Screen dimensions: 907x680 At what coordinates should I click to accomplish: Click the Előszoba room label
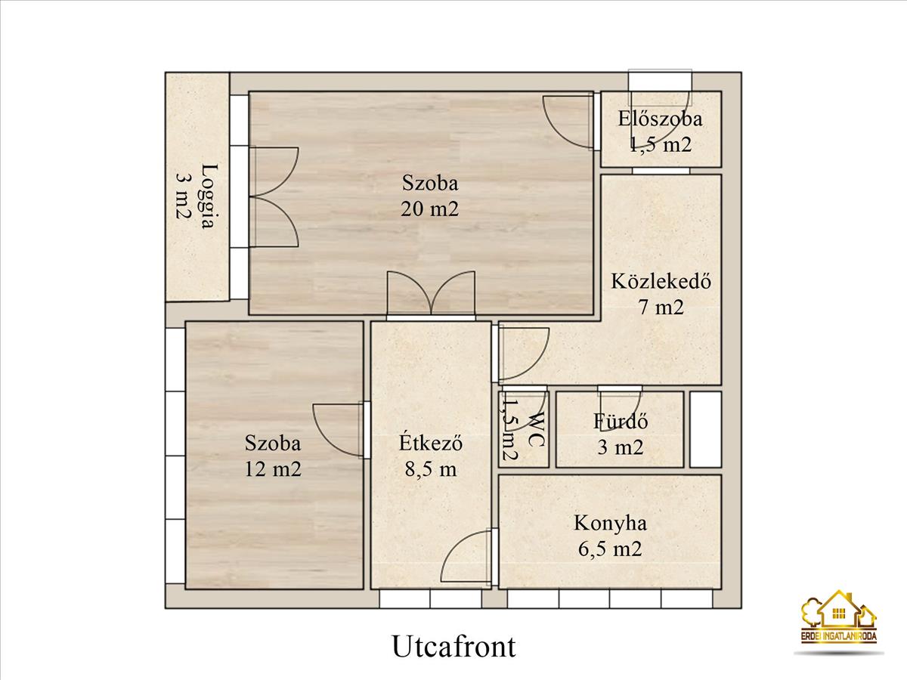point(660,119)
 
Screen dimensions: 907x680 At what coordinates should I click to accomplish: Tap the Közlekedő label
point(661,281)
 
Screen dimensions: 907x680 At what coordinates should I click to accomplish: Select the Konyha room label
point(610,524)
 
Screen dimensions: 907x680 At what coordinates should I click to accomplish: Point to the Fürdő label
point(621,422)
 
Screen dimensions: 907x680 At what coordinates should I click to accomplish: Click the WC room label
point(536,428)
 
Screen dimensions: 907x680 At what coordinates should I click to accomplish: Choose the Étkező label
point(430,443)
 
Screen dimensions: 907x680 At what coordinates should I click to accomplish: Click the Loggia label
point(209,196)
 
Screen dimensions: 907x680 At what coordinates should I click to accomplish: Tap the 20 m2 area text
point(430,209)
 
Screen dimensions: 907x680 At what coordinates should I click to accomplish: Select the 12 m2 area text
point(273,469)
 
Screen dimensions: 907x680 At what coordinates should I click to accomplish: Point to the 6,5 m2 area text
point(610,549)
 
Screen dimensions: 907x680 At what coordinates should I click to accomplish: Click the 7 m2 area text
point(661,308)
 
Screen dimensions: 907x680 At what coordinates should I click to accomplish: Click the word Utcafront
point(453,646)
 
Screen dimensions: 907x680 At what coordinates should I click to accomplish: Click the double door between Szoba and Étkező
point(431,294)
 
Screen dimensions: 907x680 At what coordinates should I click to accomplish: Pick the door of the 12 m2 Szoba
point(339,430)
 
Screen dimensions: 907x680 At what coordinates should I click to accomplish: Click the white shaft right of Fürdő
point(706,429)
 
